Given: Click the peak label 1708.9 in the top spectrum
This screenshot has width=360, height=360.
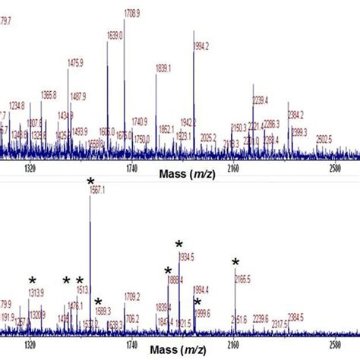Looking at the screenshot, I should pyautogui.click(x=134, y=14).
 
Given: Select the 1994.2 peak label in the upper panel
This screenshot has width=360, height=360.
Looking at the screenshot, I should pyautogui.click(x=203, y=46).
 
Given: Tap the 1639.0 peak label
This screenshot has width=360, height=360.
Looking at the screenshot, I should pyautogui.click(x=115, y=35).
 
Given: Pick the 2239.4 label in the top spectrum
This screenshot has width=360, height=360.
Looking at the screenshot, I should pyautogui.click(x=262, y=99).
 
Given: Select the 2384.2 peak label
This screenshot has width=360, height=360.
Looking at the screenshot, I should pyautogui.click(x=295, y=115).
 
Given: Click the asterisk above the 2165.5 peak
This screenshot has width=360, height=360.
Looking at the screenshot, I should pyautogui.click(x=235, y=263).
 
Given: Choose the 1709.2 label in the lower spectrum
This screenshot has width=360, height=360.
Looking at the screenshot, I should pyautogui.click(x=133, y=295).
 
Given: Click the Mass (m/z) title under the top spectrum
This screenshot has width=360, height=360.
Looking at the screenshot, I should pyautogui.click(x=186, y=174).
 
